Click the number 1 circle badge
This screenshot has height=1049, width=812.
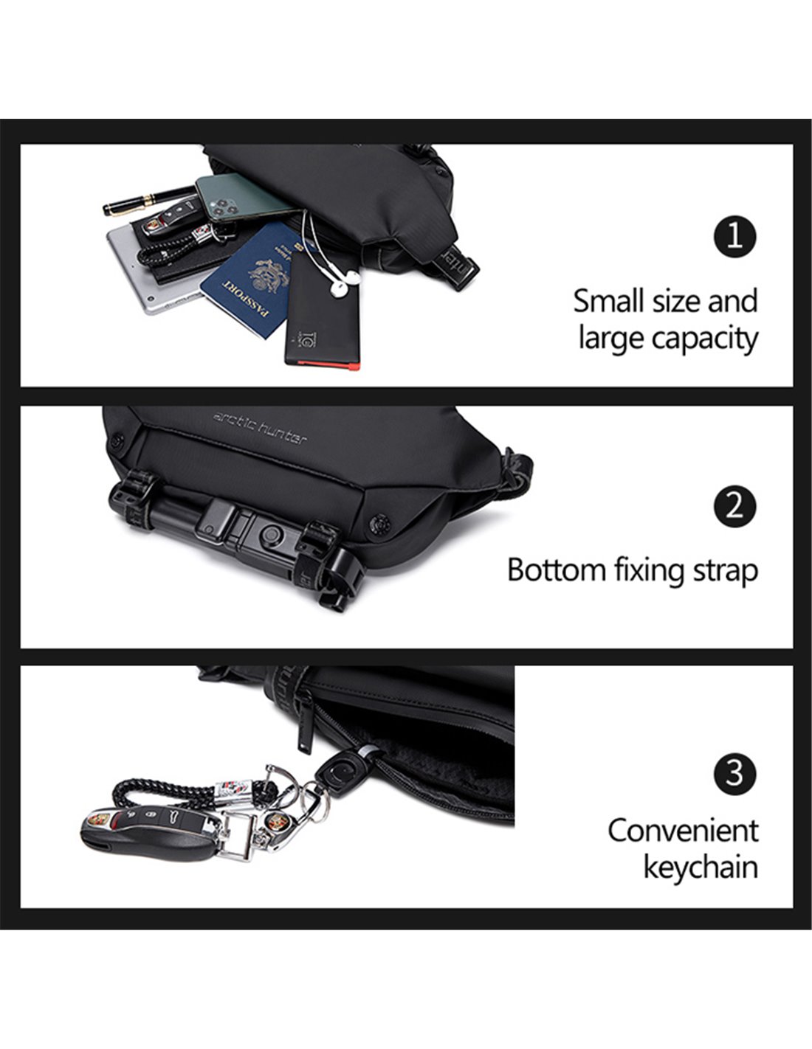[734, 236]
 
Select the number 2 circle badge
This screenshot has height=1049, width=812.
[734, 506]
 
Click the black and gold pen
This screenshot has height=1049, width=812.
[150, 199]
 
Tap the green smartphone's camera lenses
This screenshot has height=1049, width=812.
[223, 207]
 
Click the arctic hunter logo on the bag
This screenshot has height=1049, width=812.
[260, 427]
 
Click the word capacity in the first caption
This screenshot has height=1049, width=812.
[705, 339]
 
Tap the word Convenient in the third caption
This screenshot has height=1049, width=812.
[683, 831]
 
